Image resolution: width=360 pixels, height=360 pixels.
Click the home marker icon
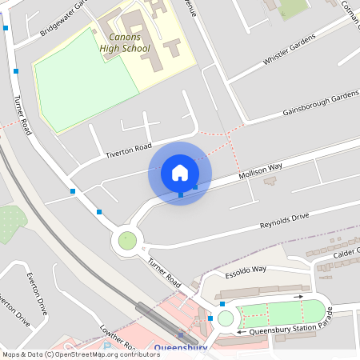click(x=180, y=173)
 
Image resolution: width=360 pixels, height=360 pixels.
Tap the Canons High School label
click(x=124, y=43)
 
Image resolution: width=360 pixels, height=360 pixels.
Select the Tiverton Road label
click(x=129, y=150)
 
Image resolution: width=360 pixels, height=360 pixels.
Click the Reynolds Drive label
click(x=284, y=219)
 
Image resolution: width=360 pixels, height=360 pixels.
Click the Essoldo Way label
click(x=245, y=270)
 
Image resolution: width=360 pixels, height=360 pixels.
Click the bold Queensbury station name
click(x=180, y=347)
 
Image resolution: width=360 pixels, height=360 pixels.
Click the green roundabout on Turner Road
click(x=127, y=239)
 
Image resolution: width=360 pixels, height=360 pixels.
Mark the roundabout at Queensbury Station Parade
click(x=226, y=318)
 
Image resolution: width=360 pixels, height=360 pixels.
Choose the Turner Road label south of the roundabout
click(x=163, y=272)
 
